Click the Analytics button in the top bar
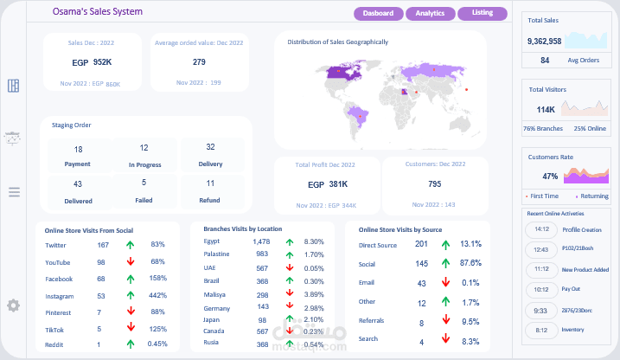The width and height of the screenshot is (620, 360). pyautogui.click(x=430, y=14)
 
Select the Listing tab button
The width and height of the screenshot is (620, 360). pyautogui.click(x=483, y=14)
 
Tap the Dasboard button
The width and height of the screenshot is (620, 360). pyautogui.click(x=378, y=14)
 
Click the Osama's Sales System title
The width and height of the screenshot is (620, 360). pyautogui.click(x=98, y=12)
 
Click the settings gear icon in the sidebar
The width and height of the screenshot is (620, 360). pyautogui.click(x=13, y=305)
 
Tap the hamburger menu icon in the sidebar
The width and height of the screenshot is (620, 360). pyautogui.click(x=13, y=192)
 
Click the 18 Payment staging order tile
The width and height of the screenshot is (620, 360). pyautogui.click(x=78, y=156)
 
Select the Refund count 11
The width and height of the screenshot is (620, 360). pyautogui.click(x=210, y=183)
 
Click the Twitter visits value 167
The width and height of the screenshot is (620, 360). pyautogui.click(x=102, y=245)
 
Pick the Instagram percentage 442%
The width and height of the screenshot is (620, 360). pyautogui.click(x=157, y=296)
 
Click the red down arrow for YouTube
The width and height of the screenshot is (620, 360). pyautogui.click(x=129, y=261)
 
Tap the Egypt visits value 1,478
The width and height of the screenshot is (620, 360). pyautogui.click(x=261, y=241)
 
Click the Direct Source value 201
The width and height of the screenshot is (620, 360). pyautogui.click(x=421, y=245)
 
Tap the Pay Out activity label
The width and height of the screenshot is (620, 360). pyautogui.click(x=571, y=289)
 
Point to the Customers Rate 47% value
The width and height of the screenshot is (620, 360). pyautogui.click(x=550, y=177)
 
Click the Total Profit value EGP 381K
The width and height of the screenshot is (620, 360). pyautogui.click(x=327, y=184)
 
